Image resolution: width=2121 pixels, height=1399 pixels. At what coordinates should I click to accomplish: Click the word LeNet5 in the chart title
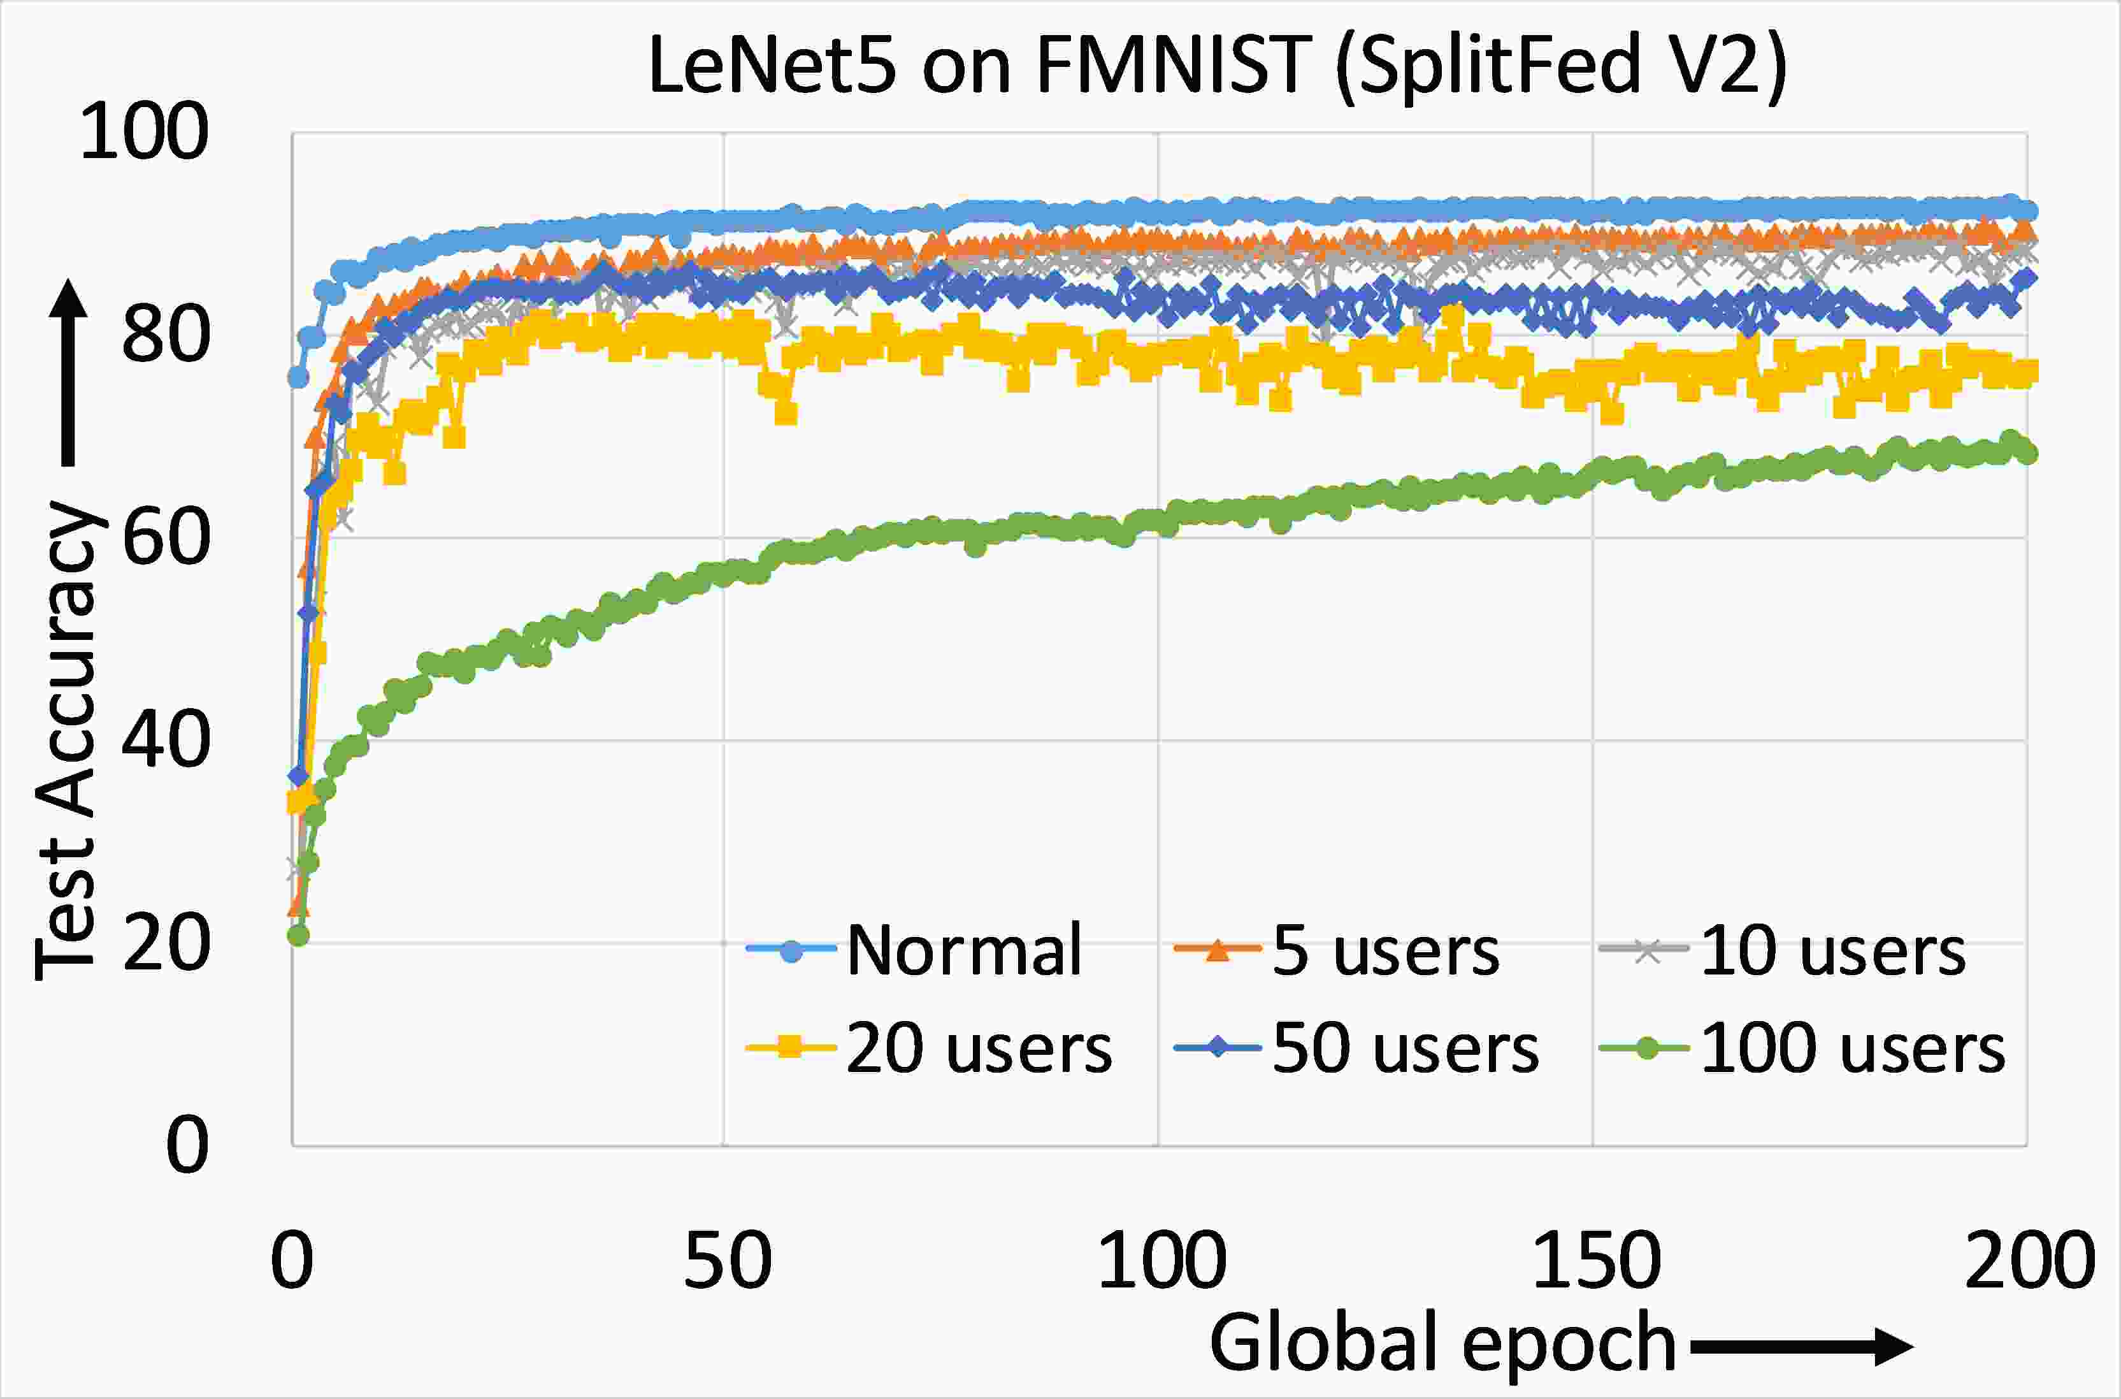[772, 64]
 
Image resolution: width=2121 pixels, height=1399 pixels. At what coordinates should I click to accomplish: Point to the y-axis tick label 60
[166, 537]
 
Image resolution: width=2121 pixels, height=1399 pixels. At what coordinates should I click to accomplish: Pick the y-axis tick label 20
[166, 943]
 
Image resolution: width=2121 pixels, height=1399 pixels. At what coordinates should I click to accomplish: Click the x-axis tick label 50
[727, 1261]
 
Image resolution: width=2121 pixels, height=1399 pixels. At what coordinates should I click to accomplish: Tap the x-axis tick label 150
[1595, 1261]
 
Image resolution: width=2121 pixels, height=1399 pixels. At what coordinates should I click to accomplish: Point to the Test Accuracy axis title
[64, 741]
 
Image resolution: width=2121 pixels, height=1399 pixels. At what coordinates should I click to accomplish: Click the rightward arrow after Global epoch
[1802, 1346]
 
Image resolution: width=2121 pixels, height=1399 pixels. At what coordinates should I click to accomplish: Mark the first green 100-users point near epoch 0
[298, 935]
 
